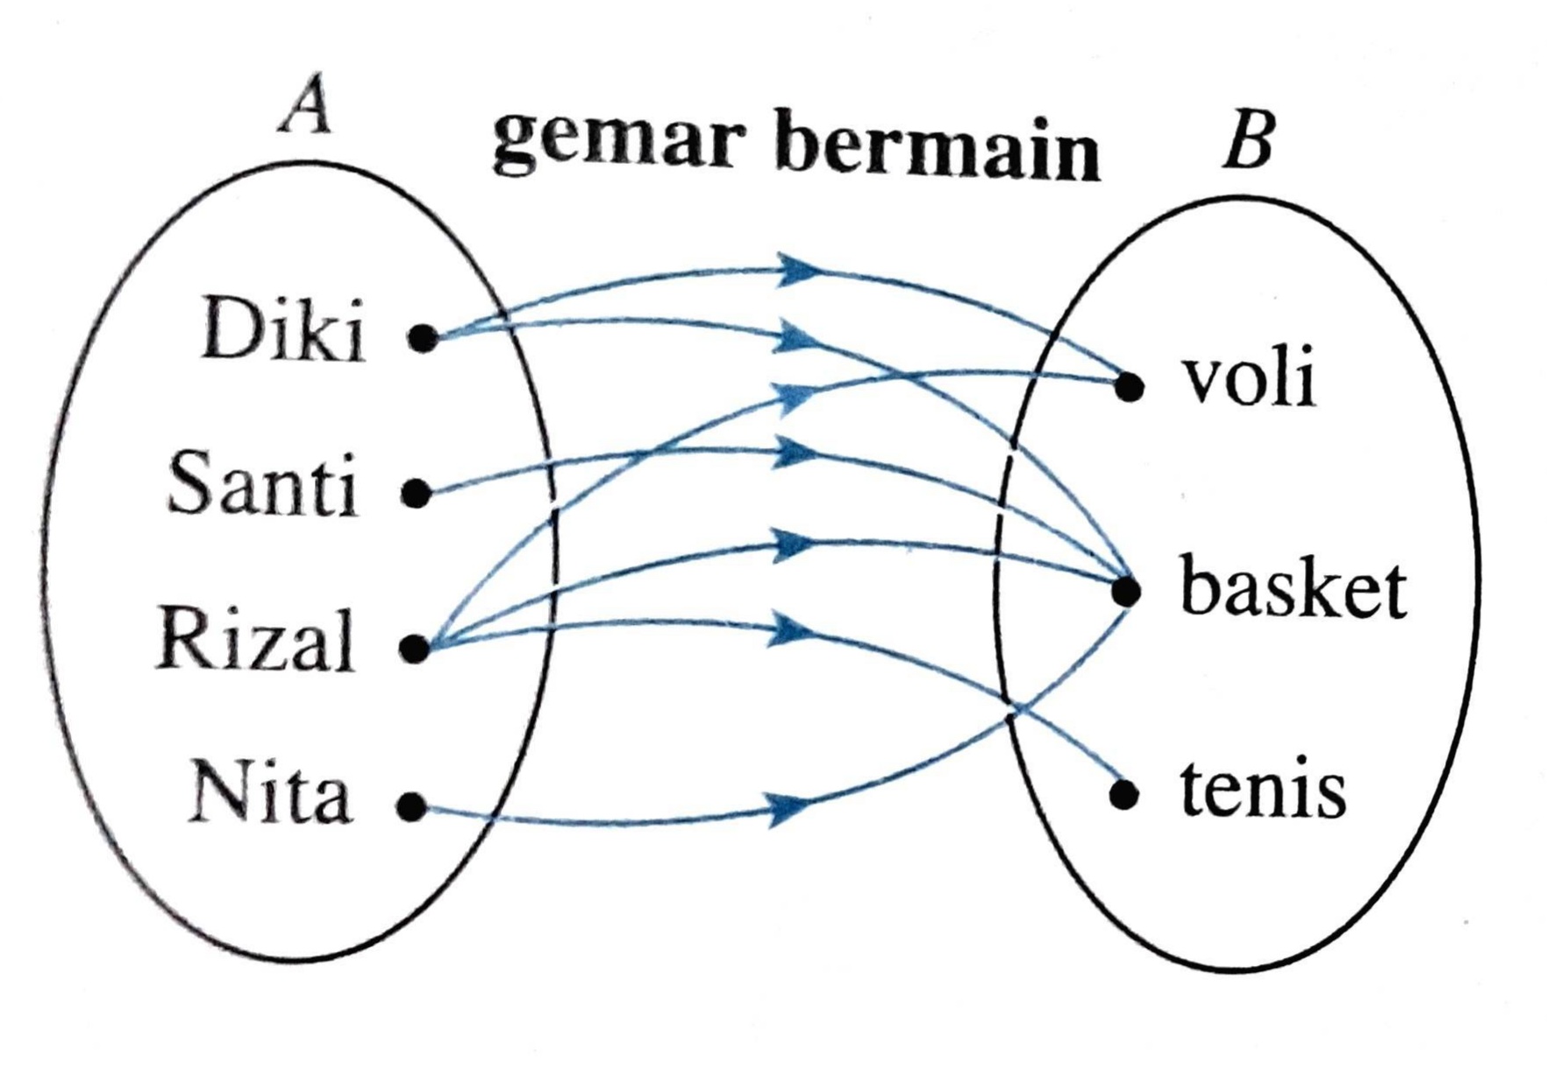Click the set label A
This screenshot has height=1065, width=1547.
pyautogui.click(x=306, y=110)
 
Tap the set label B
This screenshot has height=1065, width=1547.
pyautogui.click(x=1247, y=142)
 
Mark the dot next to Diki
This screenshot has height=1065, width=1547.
pyautogui.click(x=423, y=337)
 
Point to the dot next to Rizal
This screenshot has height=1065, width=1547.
pyautogui.click(x=414, y=649)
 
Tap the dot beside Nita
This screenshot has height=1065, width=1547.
pyautogui.click(x=410, y=806)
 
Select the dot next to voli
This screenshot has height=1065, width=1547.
pyautogui.click(x=1130, y=386)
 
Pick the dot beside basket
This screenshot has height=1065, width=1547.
pyautogui.click(x=1127, y=592)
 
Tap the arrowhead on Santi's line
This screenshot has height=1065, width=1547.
pyautogui.click(x=795, y=453)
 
